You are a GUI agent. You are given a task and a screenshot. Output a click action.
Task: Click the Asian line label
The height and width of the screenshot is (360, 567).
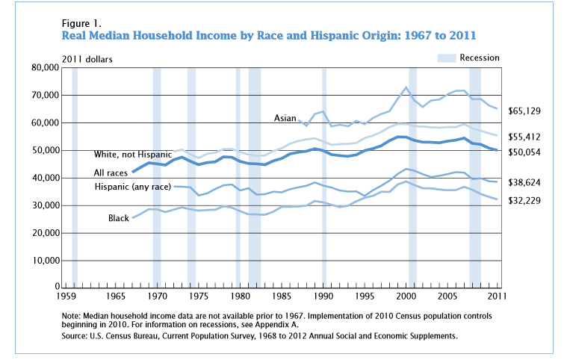pyautogui.click(x=285, y=118)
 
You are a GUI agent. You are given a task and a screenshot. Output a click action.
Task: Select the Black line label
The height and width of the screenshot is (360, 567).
pyautogui.click(x=120, y=218)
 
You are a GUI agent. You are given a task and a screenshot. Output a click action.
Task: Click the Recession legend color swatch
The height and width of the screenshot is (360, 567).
pyautogui.click(x=445, y=58)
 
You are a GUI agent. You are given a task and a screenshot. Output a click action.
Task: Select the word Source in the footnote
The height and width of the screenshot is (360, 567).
pyautogui.click(x=78, y=337)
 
